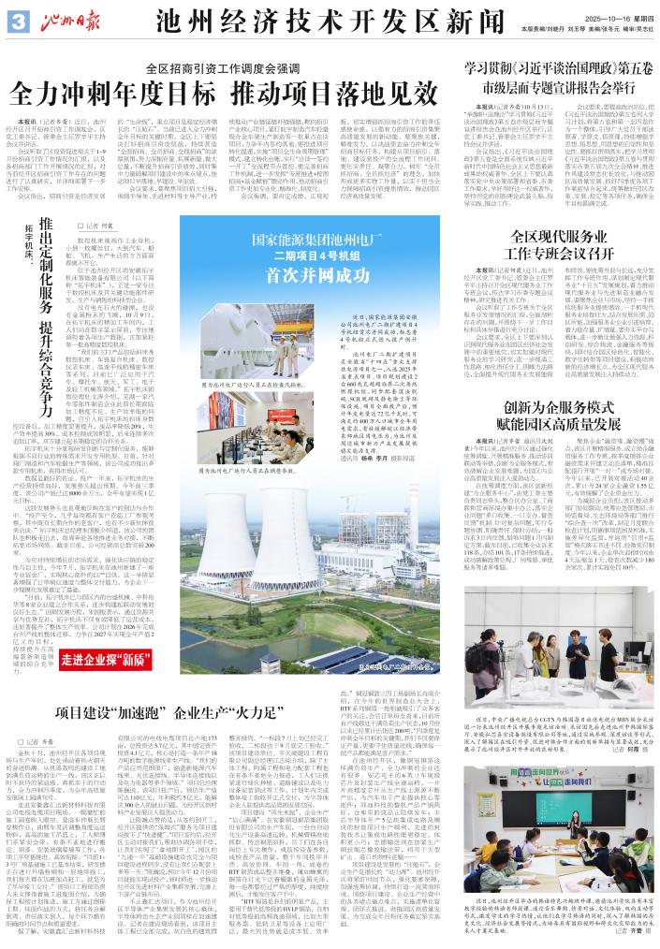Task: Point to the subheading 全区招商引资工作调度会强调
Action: (x=237, y=69)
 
